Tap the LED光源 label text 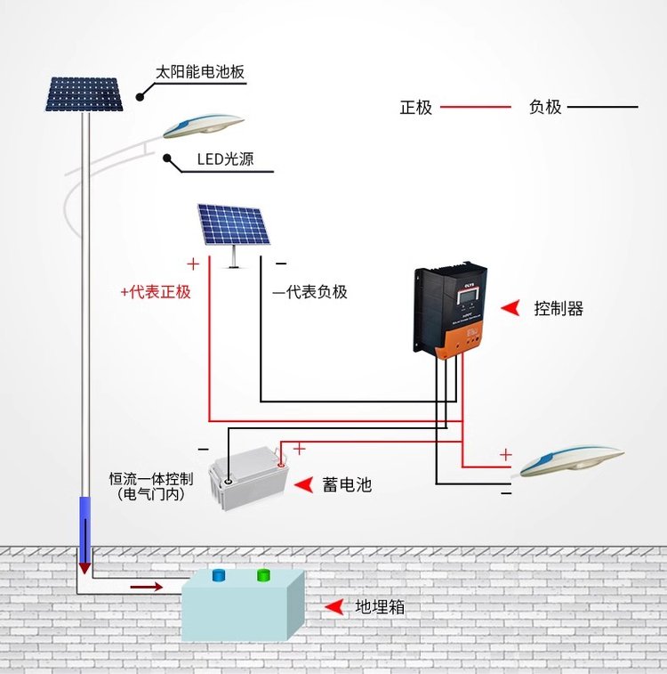(225, 160)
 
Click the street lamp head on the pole (203, 124)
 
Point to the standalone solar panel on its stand (232, 225)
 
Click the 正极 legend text (415, 108)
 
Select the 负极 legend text (545, 108)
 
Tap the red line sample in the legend (478, 108)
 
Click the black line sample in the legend (602, 108)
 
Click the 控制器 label (559, 309)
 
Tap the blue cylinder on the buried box (217, 576)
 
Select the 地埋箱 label (381, 608)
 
